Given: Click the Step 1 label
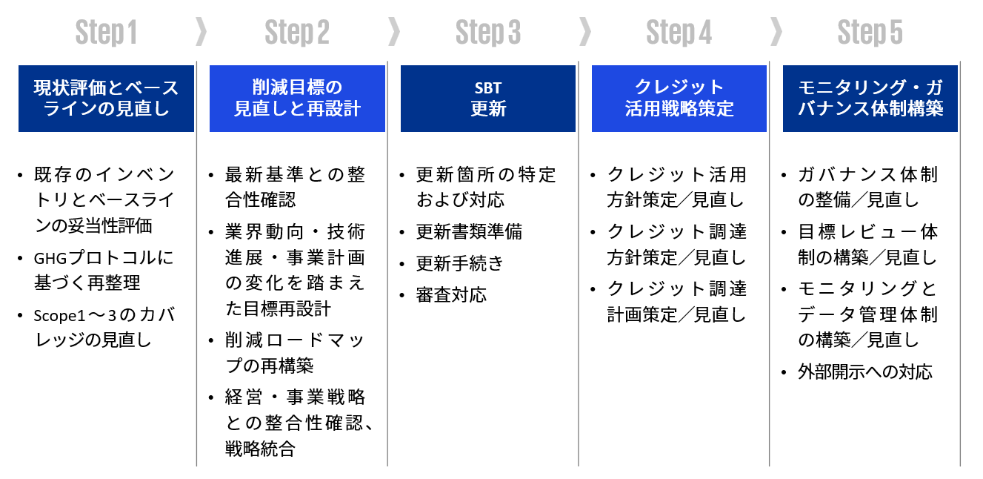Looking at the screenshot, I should pyautogui.click(x=106, y=33).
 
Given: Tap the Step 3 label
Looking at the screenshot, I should pyautogui.click(x=488, y=33).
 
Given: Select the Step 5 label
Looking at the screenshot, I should pyautogui.click(x=870, y=33).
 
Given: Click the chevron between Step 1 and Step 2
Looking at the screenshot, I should pyautogui.click(x=200, y=32).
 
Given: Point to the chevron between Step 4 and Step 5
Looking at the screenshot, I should pyautogui.click(x=776, y=32).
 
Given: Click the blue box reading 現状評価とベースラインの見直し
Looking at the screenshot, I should pyautogui.click(x=106, y=99).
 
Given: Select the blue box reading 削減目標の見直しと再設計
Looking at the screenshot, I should pyautogui.click(x=297, y=99).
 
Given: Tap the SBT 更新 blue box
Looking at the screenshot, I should pyautogui.click(x=488, y=99).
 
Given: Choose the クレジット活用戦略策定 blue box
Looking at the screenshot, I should pyautogui.click(x=679, y=99).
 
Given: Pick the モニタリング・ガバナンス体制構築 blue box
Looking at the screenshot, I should pyautogui.click(x=870, y=99).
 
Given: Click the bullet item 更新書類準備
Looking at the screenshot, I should pyautogui.click(x=469, y=232).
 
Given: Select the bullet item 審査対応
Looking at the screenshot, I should pyautogui.click(x=451, y=294).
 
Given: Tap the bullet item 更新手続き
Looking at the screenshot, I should pyautogui.click(x=460, y=263).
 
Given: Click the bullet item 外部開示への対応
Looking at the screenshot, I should pyautogui.click(x=864, y=371).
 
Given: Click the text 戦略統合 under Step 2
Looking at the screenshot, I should pyautogui.click(x=260, y=449).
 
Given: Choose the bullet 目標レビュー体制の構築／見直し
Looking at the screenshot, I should pyautogui.click(x=867, y=245).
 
